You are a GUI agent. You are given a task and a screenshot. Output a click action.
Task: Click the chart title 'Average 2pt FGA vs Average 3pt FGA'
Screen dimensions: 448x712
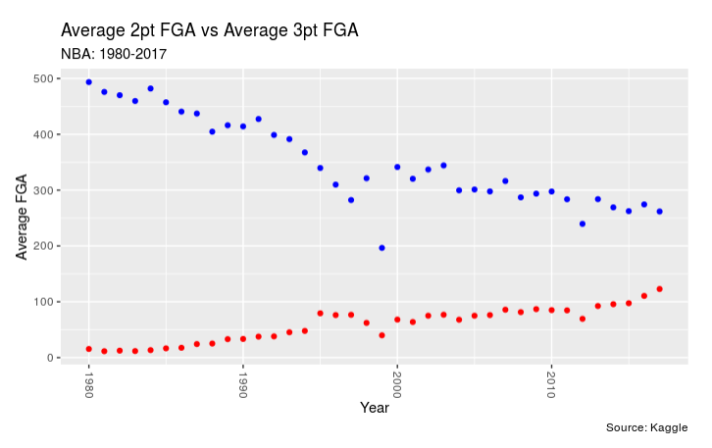click(209, 30)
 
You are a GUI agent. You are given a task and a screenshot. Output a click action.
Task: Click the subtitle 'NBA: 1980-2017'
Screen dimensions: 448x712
click(113, 54)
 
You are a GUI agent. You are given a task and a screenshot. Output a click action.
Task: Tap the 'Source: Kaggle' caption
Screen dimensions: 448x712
click(647, 427)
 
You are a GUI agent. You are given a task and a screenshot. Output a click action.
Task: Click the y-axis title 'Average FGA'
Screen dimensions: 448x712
click(22, 218)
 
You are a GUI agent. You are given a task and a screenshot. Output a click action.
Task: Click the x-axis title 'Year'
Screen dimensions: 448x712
click(374, 407)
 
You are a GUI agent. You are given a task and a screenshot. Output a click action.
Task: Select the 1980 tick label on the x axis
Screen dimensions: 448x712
click(88, 382)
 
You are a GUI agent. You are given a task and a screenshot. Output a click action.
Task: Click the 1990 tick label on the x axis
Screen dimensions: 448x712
click(242, 382)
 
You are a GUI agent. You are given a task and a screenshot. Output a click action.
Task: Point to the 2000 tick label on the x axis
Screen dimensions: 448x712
click(396, 382)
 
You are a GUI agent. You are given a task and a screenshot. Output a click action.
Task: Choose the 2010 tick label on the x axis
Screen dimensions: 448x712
click(551, 382)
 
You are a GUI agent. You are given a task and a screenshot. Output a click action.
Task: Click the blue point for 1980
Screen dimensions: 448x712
click(88, 82)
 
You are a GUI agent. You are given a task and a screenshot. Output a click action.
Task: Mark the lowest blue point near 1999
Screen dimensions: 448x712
click(381, 248)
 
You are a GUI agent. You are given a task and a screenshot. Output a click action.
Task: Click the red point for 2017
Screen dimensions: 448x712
click(659, 289)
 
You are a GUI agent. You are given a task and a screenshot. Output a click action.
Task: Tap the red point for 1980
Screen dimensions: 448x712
click(88, 349)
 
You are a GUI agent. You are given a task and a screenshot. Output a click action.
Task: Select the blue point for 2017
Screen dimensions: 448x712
click(659, 212)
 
